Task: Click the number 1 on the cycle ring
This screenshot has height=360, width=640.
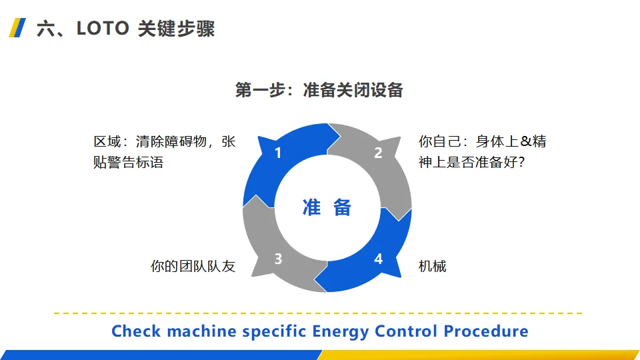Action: tap(278, 153)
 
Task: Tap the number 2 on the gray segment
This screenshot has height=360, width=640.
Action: tap(378, 153)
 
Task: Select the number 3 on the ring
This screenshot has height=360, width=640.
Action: tap(279, 259)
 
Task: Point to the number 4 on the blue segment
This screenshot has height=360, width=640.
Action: tap(378, 259)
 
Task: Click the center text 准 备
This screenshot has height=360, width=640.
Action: tap(327, 207)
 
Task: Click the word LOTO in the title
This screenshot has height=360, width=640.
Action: tap(103, 29)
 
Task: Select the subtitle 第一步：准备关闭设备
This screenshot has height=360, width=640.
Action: tap(319, 90)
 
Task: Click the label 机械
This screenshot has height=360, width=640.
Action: tap(432, 267)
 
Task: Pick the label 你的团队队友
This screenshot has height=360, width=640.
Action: tap(193, 267)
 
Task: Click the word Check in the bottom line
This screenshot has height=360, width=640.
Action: tap(136, 331)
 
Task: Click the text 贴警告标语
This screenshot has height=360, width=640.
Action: tap(128, 162)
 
